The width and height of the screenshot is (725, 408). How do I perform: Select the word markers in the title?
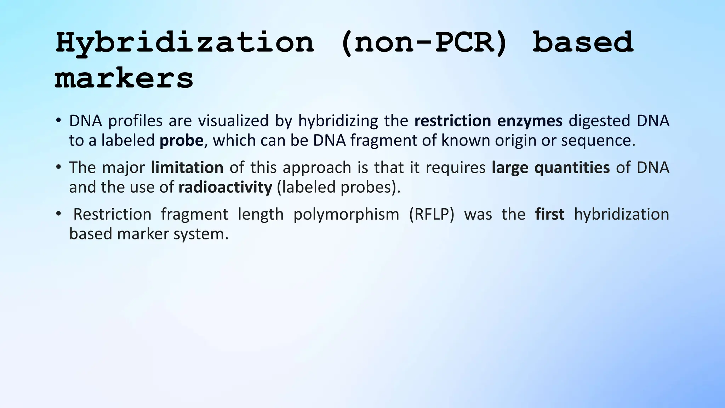pyautogui.click(x=124, y=79)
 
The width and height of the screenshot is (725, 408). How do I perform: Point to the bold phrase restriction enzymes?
pyautogui.click(x=488, y=121)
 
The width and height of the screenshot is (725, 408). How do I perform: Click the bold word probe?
pyautogui.click(x=181, y=141)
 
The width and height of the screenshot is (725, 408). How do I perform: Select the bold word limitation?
pyautogui.click(x=187, y=168)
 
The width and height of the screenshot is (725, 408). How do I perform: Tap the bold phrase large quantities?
pyautogui.click(x=550, y=168)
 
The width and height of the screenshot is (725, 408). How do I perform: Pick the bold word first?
pyautogui.click(x=549, y=214)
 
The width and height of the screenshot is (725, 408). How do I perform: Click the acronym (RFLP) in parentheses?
pyautogui.click(x=431, y=214)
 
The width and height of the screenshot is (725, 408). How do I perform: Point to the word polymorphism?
pyautogui.click(x=346, y=214)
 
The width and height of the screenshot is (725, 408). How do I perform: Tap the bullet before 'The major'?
pyautogui.click(x=59, y=167)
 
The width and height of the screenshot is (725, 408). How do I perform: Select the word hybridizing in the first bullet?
pyautogui.click(x=338, y=121)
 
